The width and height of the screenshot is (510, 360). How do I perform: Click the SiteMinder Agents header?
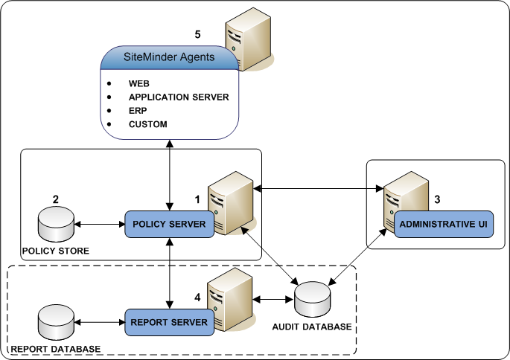point(169,57)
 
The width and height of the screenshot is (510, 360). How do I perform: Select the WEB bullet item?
point(139,84)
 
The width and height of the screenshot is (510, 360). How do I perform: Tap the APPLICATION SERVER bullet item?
point(178,97)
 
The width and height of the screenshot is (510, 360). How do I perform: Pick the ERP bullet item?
point(138,111)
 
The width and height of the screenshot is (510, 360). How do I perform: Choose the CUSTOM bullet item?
point(147,124)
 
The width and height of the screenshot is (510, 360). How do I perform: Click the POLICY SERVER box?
point(169,224)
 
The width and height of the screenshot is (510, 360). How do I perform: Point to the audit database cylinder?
point(313,299)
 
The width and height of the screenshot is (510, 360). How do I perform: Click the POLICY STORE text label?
point(55,251)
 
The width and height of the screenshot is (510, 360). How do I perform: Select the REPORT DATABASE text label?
point(54,349)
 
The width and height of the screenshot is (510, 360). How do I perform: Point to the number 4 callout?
point(197,297)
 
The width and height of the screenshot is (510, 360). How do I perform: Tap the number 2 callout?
point(55,199)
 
